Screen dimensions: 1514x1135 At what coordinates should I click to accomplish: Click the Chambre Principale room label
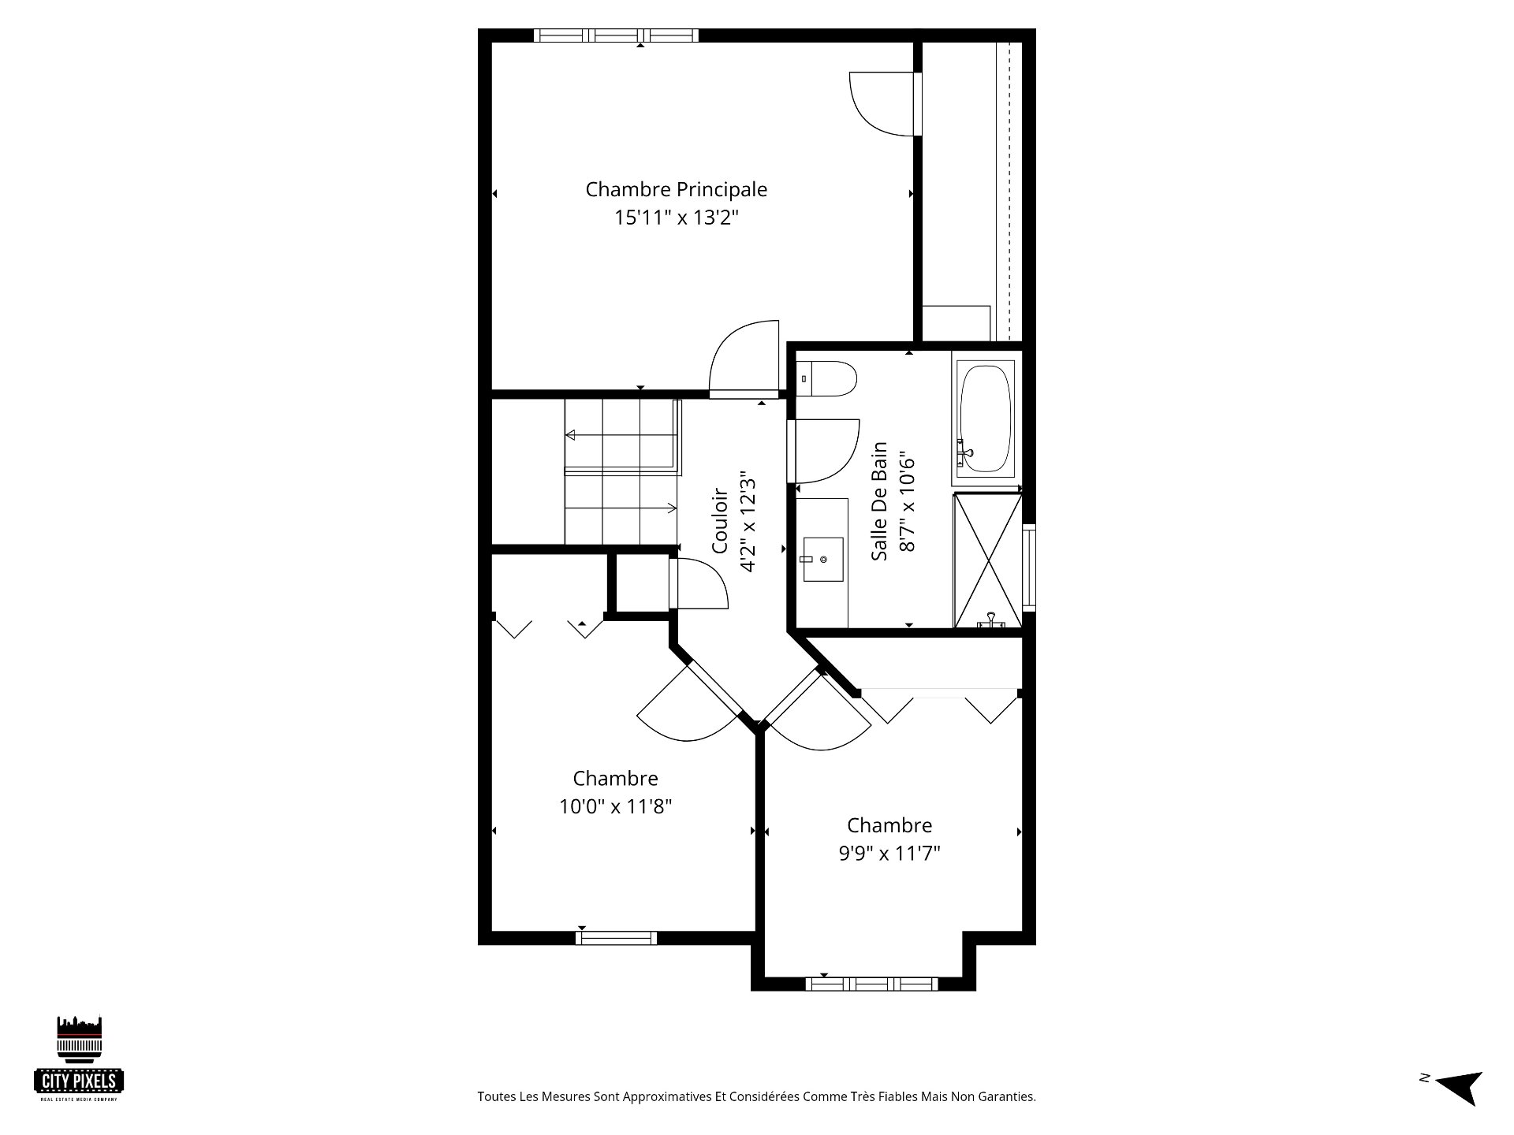click(x=676, y=190)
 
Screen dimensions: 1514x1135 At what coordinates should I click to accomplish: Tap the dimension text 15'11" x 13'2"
click(x=676, y=218)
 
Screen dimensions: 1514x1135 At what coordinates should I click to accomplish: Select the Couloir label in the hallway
click(x=720, y=521)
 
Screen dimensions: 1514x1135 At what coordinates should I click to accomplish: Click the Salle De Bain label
click(x=880, y=501)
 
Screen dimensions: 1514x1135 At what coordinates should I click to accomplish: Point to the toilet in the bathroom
click(x=826, y=380)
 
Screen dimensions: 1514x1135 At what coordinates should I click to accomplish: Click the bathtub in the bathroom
click(x=986, y=418)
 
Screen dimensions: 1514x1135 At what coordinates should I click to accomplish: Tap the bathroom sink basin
click(x=822, y=560)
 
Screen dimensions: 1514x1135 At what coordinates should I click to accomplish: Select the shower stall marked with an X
click(x=987, y=560)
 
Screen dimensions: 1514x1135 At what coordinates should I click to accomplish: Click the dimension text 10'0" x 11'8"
click(x=616, y=806)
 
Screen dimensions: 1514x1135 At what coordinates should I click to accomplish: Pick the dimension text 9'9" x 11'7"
click(x=889, y=854)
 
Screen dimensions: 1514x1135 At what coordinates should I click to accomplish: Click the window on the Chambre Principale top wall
click(x=615, y=35)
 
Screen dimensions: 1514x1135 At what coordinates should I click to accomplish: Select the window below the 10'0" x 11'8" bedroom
click(x=617, y=938)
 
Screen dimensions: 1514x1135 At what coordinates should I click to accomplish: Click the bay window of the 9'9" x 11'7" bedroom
click(x=871, y=984)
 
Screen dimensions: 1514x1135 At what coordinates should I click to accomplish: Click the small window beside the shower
click(x=1029, y=567)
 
